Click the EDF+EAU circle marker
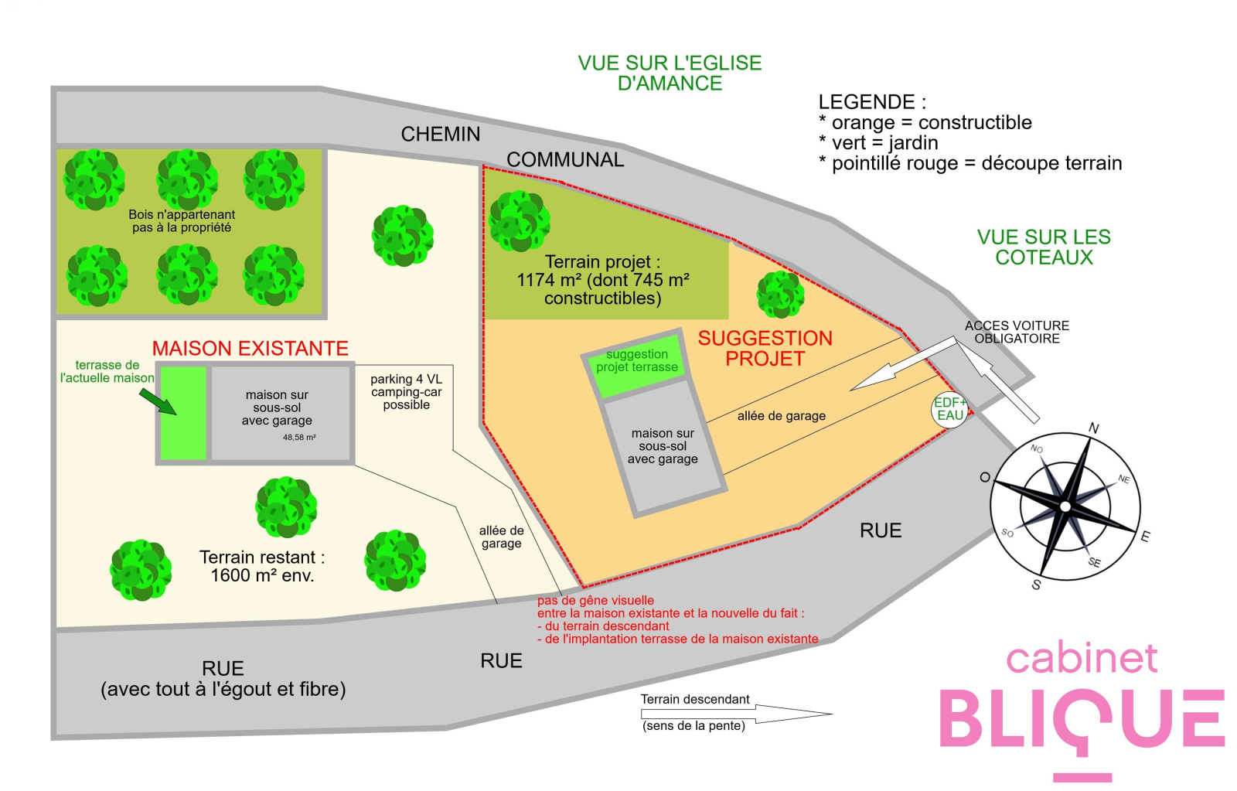[x=950, y=409]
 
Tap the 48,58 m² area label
[x=299, y=438]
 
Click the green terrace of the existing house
[x=183, y=413]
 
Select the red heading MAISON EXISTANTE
[x=250, y=349]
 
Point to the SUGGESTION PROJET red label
[x=765, y=349]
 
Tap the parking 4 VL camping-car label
[x=407, y=391]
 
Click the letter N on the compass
[x=1093, y=428]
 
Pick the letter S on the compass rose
[x=1036, y=585]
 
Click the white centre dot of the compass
[x=1065, y=506]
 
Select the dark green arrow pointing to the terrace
[x=158, y=401]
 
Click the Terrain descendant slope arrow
[x=736, y=714]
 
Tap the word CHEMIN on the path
[x=440, y=135]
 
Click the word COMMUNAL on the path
[x=565, y=159]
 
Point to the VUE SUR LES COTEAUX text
[x=1044, y=247]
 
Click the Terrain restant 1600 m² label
[x=262, y=566]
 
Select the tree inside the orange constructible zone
[x=780, y=295]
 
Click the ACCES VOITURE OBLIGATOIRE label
[x=1017, y=332]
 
